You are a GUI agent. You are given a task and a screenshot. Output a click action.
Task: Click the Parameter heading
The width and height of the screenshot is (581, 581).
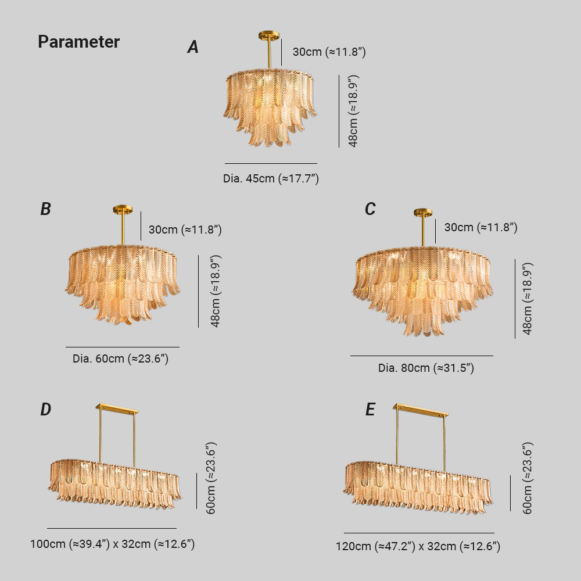click(x=78, y=42)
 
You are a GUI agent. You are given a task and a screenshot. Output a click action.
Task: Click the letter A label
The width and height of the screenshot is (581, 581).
click(x=193, y=47)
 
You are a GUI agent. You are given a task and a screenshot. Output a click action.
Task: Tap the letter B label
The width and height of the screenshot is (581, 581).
click(x=45, y=209)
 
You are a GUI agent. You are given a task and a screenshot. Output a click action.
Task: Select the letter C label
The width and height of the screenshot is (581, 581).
click(x=370, y=209)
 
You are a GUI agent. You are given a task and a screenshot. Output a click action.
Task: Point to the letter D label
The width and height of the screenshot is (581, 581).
click(x=45, y=410)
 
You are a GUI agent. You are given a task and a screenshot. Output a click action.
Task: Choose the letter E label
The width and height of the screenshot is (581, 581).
click(x=370, y=410)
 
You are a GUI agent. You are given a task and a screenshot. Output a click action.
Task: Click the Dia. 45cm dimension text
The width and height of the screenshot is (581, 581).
click(x=271, y=178)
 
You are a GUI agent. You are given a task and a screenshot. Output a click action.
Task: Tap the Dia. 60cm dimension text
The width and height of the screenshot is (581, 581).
click(x=120, y=358)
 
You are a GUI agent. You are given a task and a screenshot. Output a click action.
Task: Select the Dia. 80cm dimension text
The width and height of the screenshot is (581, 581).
click(x=426, y=368)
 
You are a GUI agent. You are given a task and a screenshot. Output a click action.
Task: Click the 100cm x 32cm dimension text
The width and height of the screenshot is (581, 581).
click(x=112, y=544)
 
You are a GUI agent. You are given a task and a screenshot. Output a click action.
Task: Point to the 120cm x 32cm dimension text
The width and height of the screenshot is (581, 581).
click(x=418, y=546)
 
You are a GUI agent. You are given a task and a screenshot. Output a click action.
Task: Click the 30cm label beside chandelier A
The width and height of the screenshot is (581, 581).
click(x=329, y=52)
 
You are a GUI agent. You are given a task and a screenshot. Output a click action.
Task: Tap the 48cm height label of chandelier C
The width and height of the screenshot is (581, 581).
click(x=528, y=299)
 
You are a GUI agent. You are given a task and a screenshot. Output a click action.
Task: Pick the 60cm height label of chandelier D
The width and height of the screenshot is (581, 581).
click(x=210, y=478)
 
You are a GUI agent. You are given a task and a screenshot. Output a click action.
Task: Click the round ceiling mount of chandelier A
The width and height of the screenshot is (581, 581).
click(x=270, y=36)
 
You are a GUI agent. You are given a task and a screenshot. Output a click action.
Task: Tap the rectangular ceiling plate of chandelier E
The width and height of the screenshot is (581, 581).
click(x=421, y=410)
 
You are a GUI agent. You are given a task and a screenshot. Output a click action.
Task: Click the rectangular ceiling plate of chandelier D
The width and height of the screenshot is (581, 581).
click(x=117, y=409)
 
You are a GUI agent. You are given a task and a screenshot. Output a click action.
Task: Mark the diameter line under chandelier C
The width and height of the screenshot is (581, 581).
click(x=422, y=356)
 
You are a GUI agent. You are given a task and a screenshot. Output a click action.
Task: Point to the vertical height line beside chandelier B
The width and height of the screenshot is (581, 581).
click(x=198, y=291)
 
